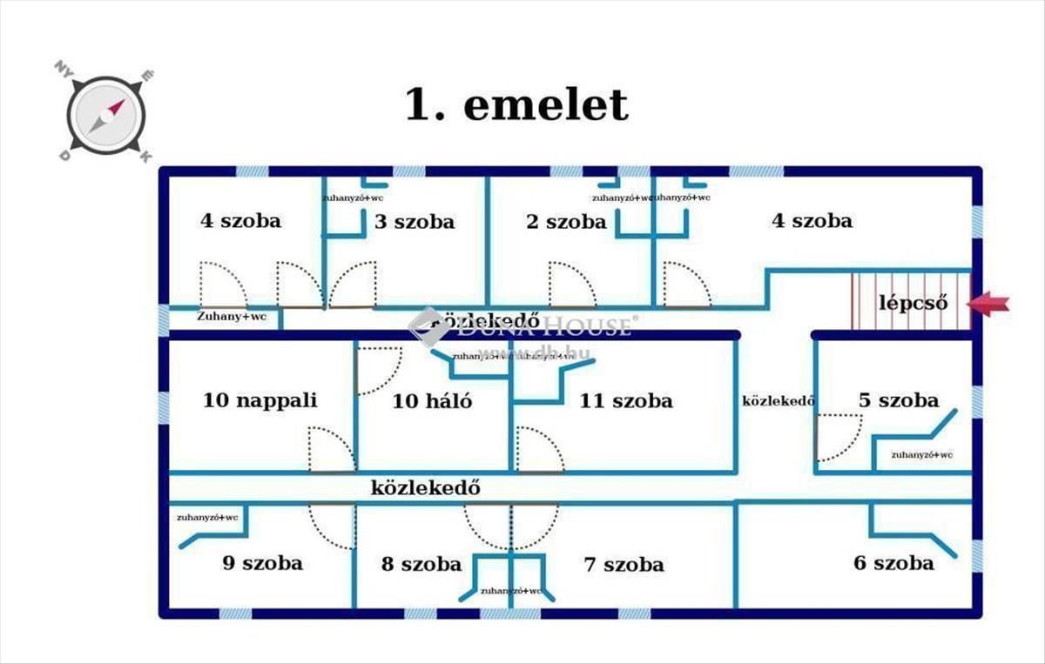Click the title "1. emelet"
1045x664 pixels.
click(x=516, y=105)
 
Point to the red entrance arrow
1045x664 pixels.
click(x=989, y=304)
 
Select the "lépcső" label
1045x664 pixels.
click(x=911, y=304)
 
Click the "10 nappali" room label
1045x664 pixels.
click(x=260, y=400)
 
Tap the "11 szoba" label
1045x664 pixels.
click(x=625, y=401)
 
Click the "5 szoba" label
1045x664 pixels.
click(x=899, y=400)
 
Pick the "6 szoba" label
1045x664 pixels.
click(x=893, y=563)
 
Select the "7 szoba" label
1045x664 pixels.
click(x=624, y=565)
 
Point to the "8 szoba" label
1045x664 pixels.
click(x=421, y=564)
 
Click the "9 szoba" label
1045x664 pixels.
click(x=262, y=562)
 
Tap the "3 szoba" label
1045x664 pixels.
click(x=415, y=222)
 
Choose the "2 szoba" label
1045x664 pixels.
click(x=566, y=222)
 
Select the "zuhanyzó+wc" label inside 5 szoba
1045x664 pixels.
click(x=921, y=455)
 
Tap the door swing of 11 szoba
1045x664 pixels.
click(x=537, y=450)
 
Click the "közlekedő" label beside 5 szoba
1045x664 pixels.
click(x=778, y=401)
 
